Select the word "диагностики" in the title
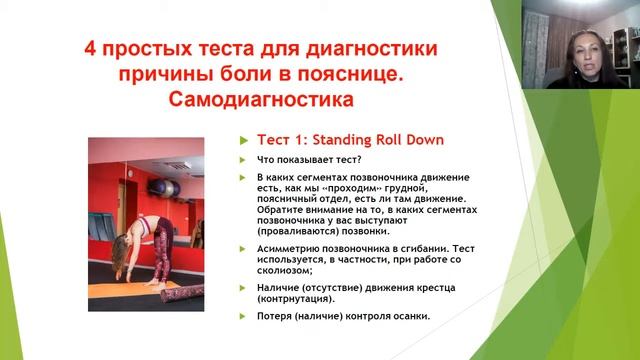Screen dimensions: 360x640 375,49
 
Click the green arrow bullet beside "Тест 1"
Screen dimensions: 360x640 243,141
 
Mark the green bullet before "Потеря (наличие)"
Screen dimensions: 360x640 243,317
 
